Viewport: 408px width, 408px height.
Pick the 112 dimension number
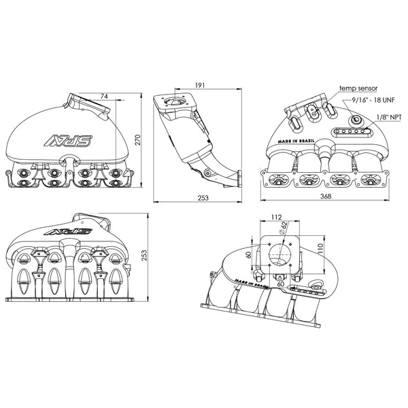click(276, 218)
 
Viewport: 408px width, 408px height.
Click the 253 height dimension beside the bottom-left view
click(145, 255)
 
